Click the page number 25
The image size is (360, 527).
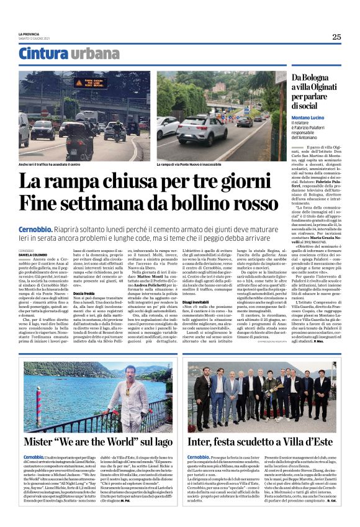(336, 37)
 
